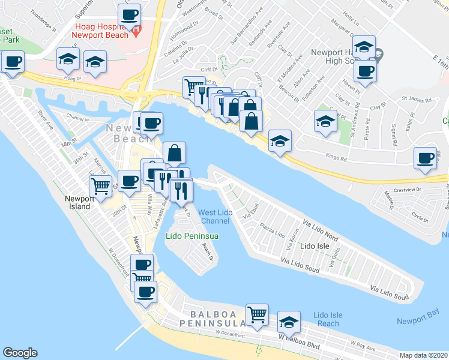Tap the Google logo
[x=20, y=353]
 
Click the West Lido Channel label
[x=215, y=217]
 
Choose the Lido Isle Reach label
[x=328, y=319]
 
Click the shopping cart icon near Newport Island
[x=101, y=187]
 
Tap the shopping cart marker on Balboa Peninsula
[x=257, y=314]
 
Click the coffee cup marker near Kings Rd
[x=426, y=158]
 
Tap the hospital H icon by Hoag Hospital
[x=136, y=28]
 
